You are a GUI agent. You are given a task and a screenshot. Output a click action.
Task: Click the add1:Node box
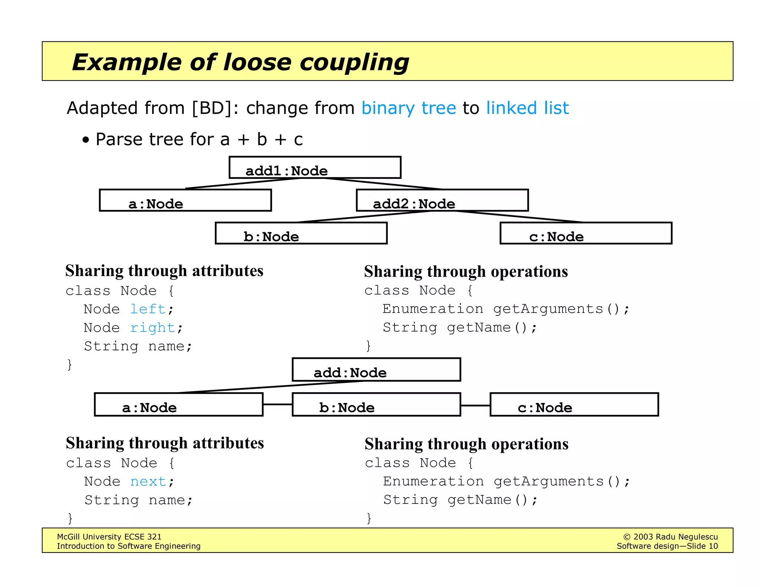[315, 168]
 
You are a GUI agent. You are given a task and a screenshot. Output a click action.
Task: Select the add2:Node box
[442, 200]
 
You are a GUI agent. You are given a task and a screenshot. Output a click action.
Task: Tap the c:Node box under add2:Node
[586, 233]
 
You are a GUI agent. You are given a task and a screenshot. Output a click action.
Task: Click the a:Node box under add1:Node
[185, 200]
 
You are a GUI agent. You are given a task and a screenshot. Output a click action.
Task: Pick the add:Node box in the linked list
[376, 370]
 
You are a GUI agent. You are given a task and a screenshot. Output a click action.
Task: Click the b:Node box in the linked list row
[376, 405]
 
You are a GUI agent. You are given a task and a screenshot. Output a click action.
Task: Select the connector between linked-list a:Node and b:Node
[278, 404]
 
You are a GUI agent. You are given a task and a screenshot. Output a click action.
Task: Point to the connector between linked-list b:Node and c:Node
[475, 405]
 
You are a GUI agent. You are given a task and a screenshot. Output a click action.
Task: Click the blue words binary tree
[409, 108]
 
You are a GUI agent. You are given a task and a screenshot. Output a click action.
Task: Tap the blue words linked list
[527, 108]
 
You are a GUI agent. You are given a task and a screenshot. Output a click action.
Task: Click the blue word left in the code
[148, 309]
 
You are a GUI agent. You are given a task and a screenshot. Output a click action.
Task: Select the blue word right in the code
[153, 328]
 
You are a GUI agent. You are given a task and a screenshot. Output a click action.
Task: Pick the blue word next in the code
[148, 482]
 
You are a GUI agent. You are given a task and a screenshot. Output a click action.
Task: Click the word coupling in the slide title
[354, 62]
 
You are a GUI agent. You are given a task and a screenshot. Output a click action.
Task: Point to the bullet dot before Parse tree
[86, 140]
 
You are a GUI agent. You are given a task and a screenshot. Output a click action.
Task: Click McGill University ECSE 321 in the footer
[109, 537]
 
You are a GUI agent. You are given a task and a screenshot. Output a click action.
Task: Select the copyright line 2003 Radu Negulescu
[670, 537]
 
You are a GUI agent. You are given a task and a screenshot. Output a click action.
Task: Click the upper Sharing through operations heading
[466, 272]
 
